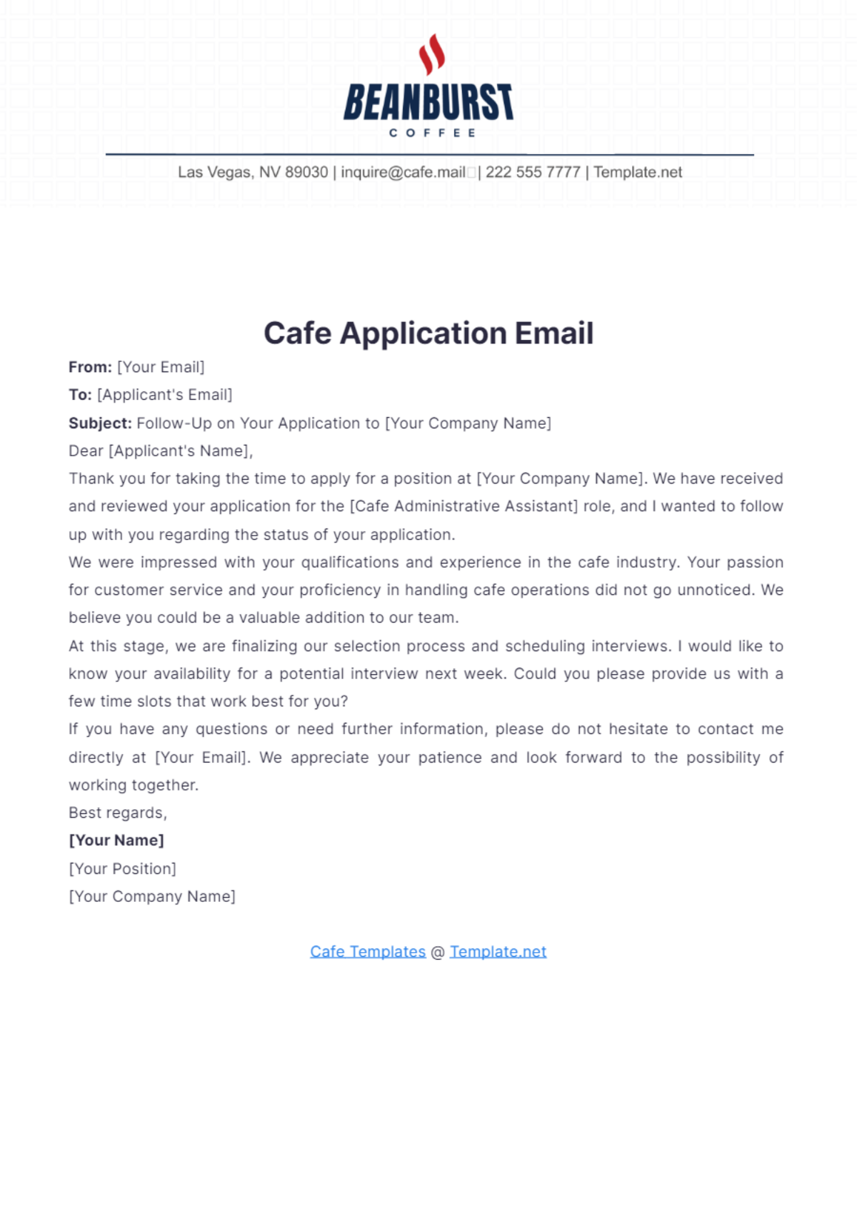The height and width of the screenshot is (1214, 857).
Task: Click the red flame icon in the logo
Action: (431, 54)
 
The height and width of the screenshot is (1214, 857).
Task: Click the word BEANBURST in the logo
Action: (428, 102)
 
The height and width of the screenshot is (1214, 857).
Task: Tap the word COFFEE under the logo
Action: (432, 133)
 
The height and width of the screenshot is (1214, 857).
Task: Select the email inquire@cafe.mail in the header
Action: (403, 172)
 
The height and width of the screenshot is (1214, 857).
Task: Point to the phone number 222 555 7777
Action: (533, 172)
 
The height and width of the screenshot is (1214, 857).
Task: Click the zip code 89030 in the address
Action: (306, 172)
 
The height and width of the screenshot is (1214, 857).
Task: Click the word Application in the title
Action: (423, 333)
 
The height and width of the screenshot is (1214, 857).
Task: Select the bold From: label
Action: (90, 367)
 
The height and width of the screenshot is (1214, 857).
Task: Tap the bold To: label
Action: (80, 395)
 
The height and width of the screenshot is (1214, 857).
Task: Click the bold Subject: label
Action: (100, 423)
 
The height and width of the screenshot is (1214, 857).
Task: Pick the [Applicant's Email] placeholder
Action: (165, 395)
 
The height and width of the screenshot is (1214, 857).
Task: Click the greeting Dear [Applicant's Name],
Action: (161, 451)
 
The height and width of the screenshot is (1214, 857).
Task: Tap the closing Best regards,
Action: (118, 813)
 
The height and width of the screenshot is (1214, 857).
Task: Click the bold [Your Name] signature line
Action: (116, 841)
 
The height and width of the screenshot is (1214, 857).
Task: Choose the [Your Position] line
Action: (122, 869)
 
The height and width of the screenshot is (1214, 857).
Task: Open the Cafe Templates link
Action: (368, 952)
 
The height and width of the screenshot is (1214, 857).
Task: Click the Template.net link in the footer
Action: (498, 952)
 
